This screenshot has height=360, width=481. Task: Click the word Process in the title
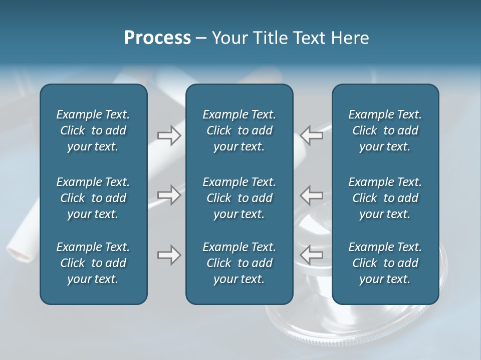point(157,38)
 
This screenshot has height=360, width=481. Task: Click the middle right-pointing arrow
point(169,194)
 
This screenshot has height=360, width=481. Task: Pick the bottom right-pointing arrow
point(169,255)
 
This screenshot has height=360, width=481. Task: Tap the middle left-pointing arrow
point(312,194)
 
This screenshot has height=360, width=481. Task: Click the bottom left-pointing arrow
point(312,255)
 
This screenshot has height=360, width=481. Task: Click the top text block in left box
point(93,130)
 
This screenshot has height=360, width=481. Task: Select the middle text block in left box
point(93,198)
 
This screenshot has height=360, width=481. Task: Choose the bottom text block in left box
point(93,263)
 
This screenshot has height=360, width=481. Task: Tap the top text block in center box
point(239,130)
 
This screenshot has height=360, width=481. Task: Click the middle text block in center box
point(239,198)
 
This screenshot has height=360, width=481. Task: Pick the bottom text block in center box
point(239,263)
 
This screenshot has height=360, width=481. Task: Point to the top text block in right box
point(385,130)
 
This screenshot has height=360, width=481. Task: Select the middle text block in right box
point(385,198)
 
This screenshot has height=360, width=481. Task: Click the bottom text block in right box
point(385,263)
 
